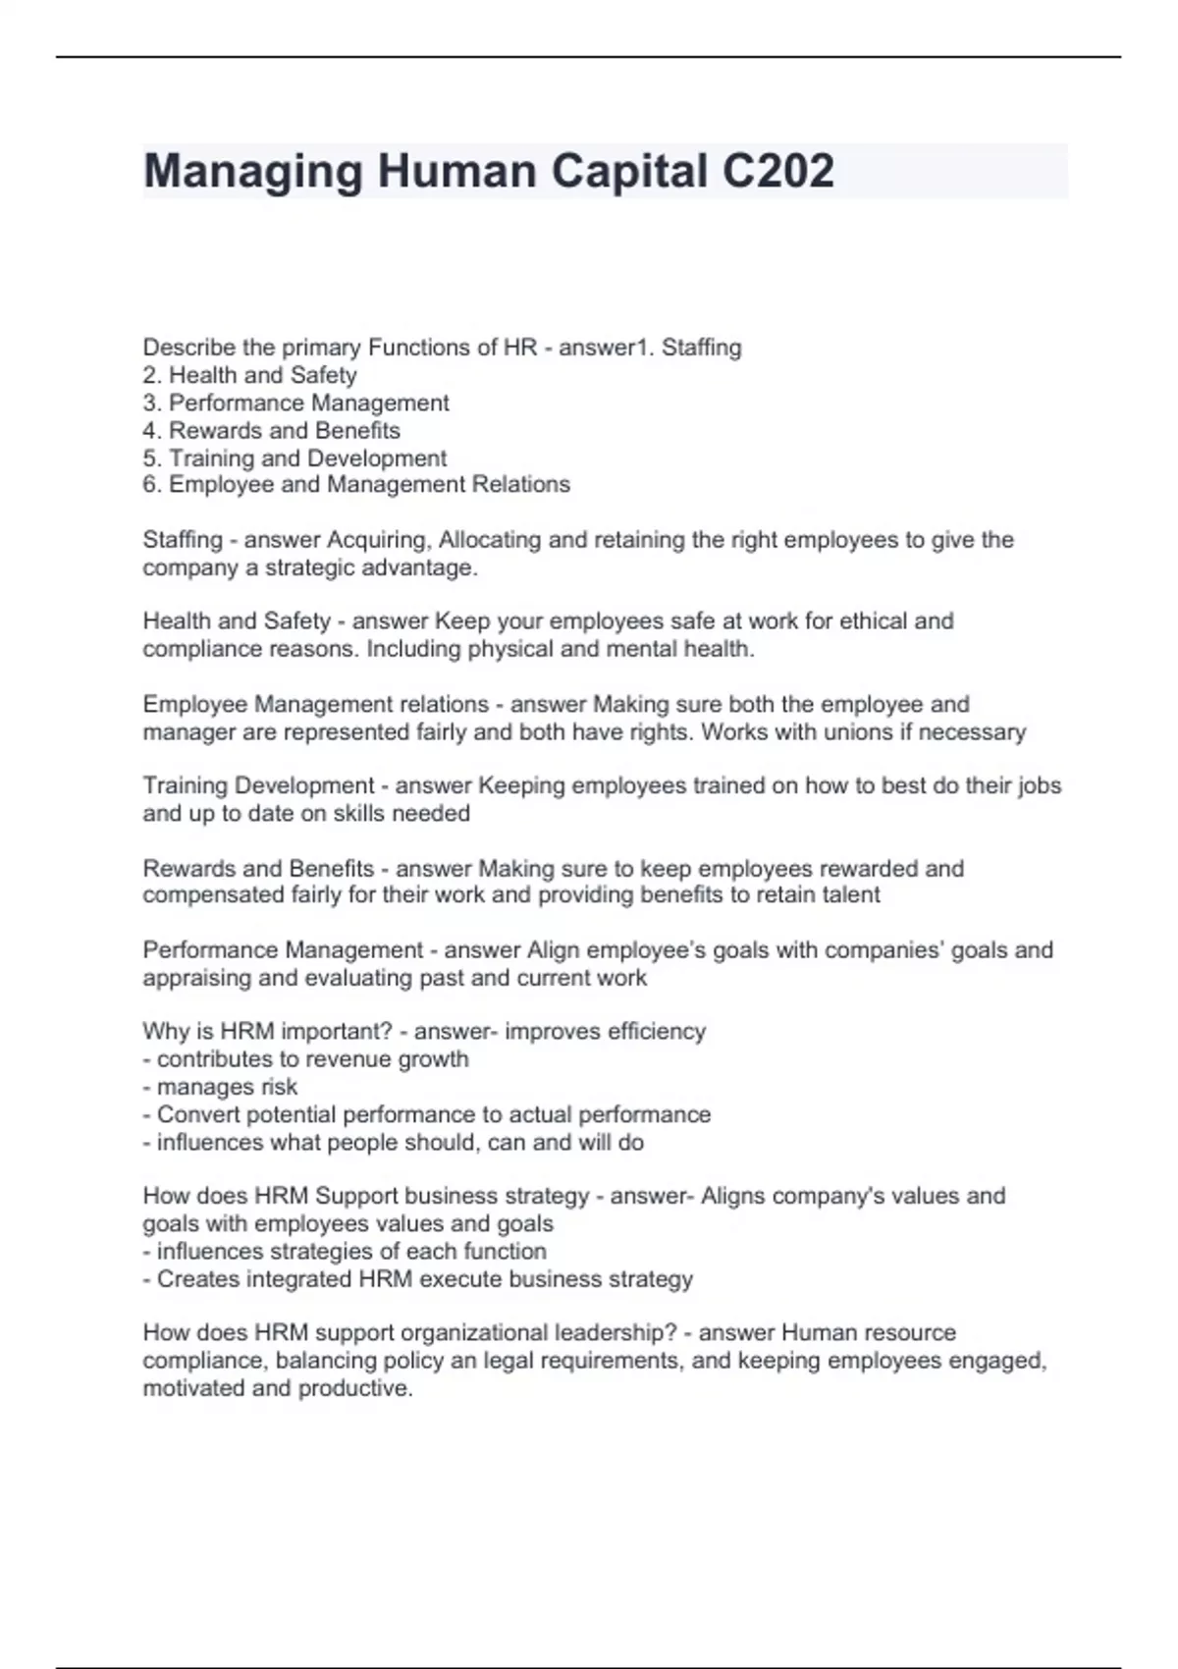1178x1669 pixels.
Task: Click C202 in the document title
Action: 777,171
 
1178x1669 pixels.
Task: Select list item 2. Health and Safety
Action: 249,375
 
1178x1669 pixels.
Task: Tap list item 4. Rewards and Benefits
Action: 271,430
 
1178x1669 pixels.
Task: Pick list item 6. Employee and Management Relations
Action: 355,484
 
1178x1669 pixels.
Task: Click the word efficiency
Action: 657,1032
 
